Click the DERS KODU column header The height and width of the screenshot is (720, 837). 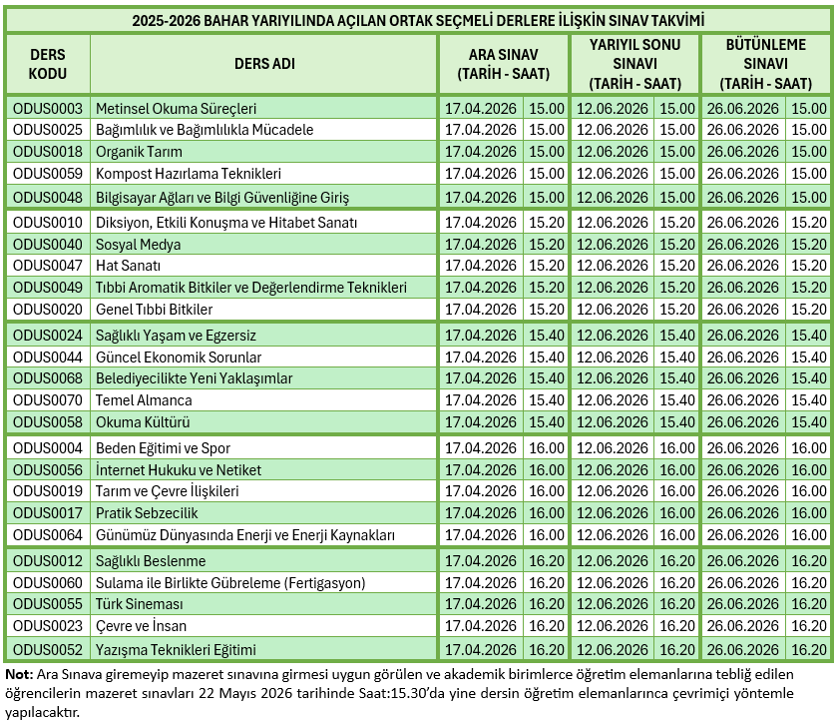click(x=48, y=64)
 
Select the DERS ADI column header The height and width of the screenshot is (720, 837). click(x=263, y=64)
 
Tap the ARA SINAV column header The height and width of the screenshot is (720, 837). click(x=503, y=64)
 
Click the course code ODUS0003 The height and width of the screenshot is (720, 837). click(x=48, y=108)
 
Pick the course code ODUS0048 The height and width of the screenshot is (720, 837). click(x=48, y=197)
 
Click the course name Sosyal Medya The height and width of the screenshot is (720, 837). click(x=138, y=244)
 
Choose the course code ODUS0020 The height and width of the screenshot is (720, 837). click(x=48, y=310)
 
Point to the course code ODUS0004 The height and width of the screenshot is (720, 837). click(x=48, y=448)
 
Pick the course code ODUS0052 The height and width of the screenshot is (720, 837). click(x=48, y=649)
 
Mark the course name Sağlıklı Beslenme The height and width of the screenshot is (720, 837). click(x=150, y=561)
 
